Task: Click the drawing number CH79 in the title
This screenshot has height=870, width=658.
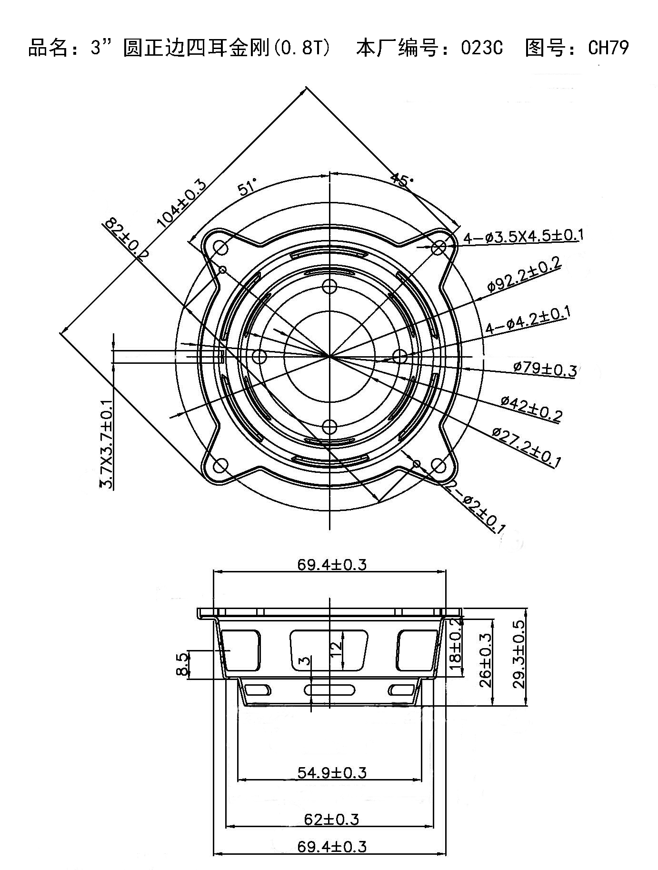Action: pos(608,48)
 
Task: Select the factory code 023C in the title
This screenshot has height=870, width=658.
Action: pos(481,48)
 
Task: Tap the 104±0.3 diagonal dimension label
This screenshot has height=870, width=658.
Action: pos(182,203)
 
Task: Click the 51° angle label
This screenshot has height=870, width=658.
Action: pos(248,187)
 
